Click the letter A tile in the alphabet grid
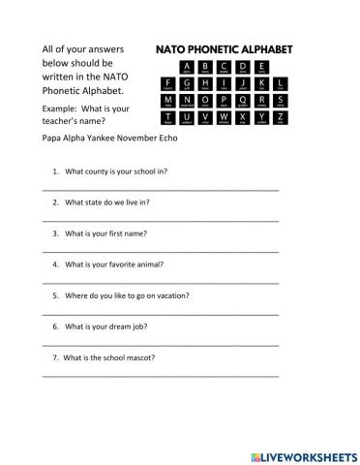[188, 67]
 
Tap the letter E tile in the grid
[261, 67]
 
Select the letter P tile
[225, 102]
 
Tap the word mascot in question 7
[139, 356]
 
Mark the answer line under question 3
[161, 251]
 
